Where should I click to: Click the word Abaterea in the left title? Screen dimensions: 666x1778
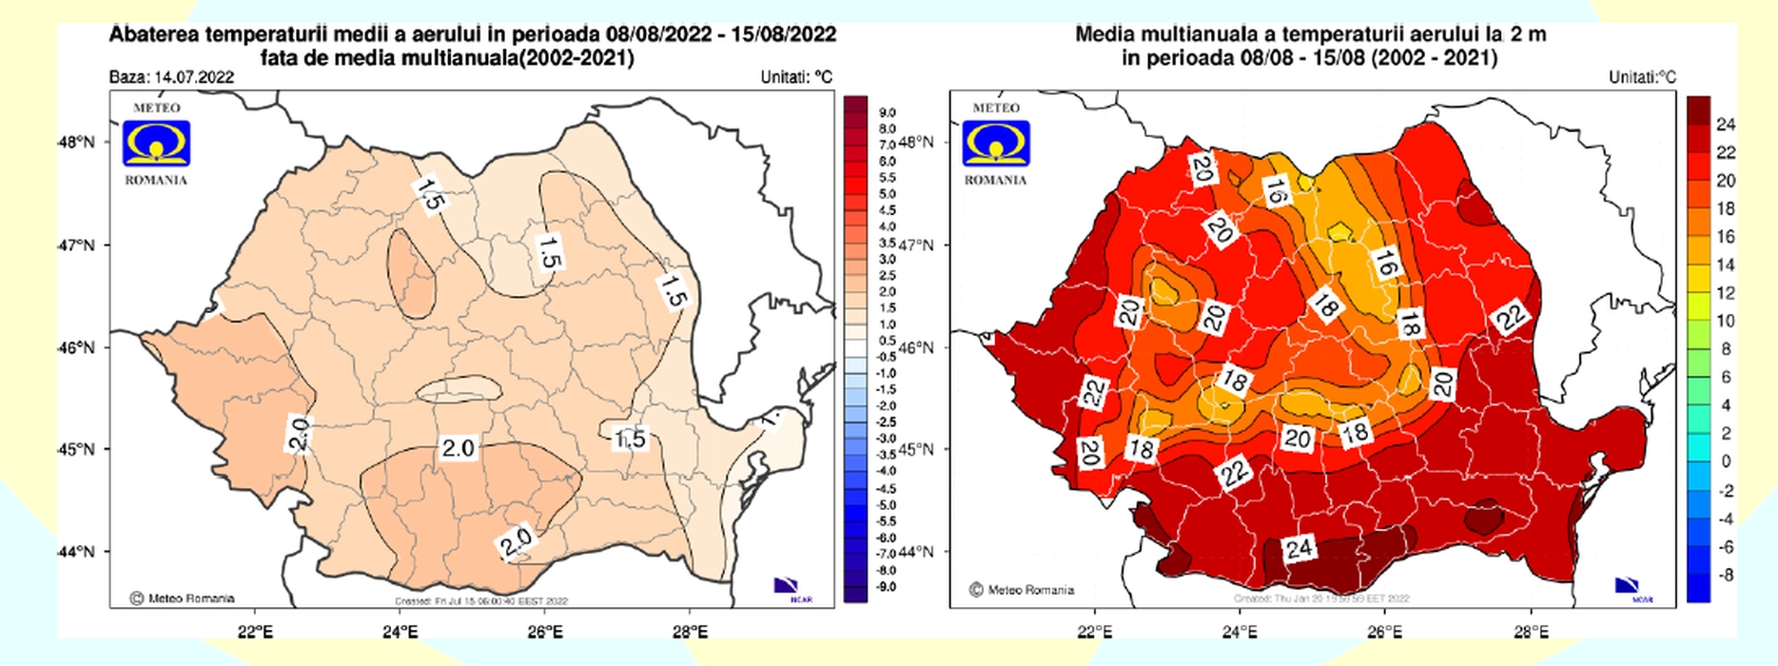coord(154,34)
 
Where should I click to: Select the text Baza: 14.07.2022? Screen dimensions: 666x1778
coord(171,77)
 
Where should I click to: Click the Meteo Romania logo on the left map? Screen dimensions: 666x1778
coord(156,143)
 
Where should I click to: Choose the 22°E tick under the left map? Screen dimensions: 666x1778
coord(255,631)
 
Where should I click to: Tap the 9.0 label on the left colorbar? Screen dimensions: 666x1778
coord(886,112)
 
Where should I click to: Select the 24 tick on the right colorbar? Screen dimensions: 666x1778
coord(1726,125)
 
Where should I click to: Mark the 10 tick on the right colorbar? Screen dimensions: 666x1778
coord(1726,322)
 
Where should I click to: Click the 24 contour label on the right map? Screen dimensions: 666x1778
coord(1299,548)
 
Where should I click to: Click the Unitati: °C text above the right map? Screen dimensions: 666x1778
coord(1642,77)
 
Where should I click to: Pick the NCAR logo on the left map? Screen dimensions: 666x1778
coord(787,588)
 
